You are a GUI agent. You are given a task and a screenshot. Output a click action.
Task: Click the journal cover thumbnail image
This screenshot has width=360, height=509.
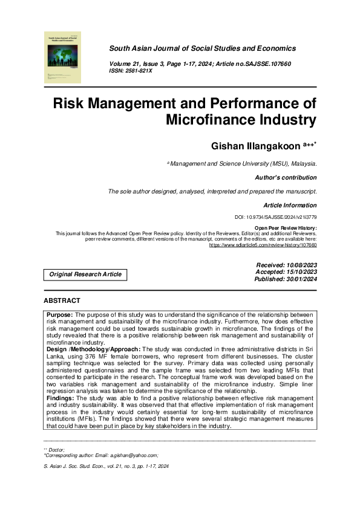click(63, 57)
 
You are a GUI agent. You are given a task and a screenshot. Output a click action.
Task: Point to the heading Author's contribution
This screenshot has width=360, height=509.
click(286, 178)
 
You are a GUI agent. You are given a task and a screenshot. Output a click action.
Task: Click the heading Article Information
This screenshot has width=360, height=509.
click(290, 206)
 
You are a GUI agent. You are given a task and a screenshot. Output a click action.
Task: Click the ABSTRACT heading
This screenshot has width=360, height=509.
click(62, 300)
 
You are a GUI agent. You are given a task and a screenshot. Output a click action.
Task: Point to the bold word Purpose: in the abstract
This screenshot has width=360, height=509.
click(60, 315)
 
